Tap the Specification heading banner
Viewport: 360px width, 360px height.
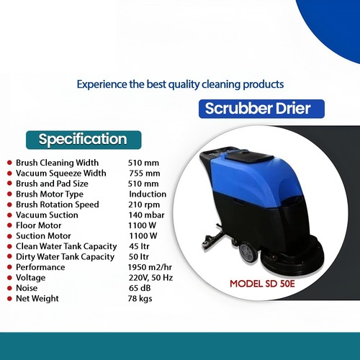tap(82, 139)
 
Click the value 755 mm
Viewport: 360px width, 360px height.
tap(143, 173)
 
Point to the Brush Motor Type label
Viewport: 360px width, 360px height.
tap(50, 194)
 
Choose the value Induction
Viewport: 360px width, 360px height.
tap(148, 194)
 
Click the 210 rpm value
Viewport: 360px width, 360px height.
tap(145, 204)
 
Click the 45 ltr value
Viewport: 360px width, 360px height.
tap(139, 246)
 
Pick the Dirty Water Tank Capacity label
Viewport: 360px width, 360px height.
tap(65, 256)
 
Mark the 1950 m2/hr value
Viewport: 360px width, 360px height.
tap(151, 267)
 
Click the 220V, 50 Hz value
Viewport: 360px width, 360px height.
tap(150, 277)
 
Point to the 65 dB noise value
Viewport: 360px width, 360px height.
tap(140, 288)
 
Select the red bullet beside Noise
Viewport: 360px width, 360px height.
tap(8, 288)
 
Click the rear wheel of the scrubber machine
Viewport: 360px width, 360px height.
tap(244, 251)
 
